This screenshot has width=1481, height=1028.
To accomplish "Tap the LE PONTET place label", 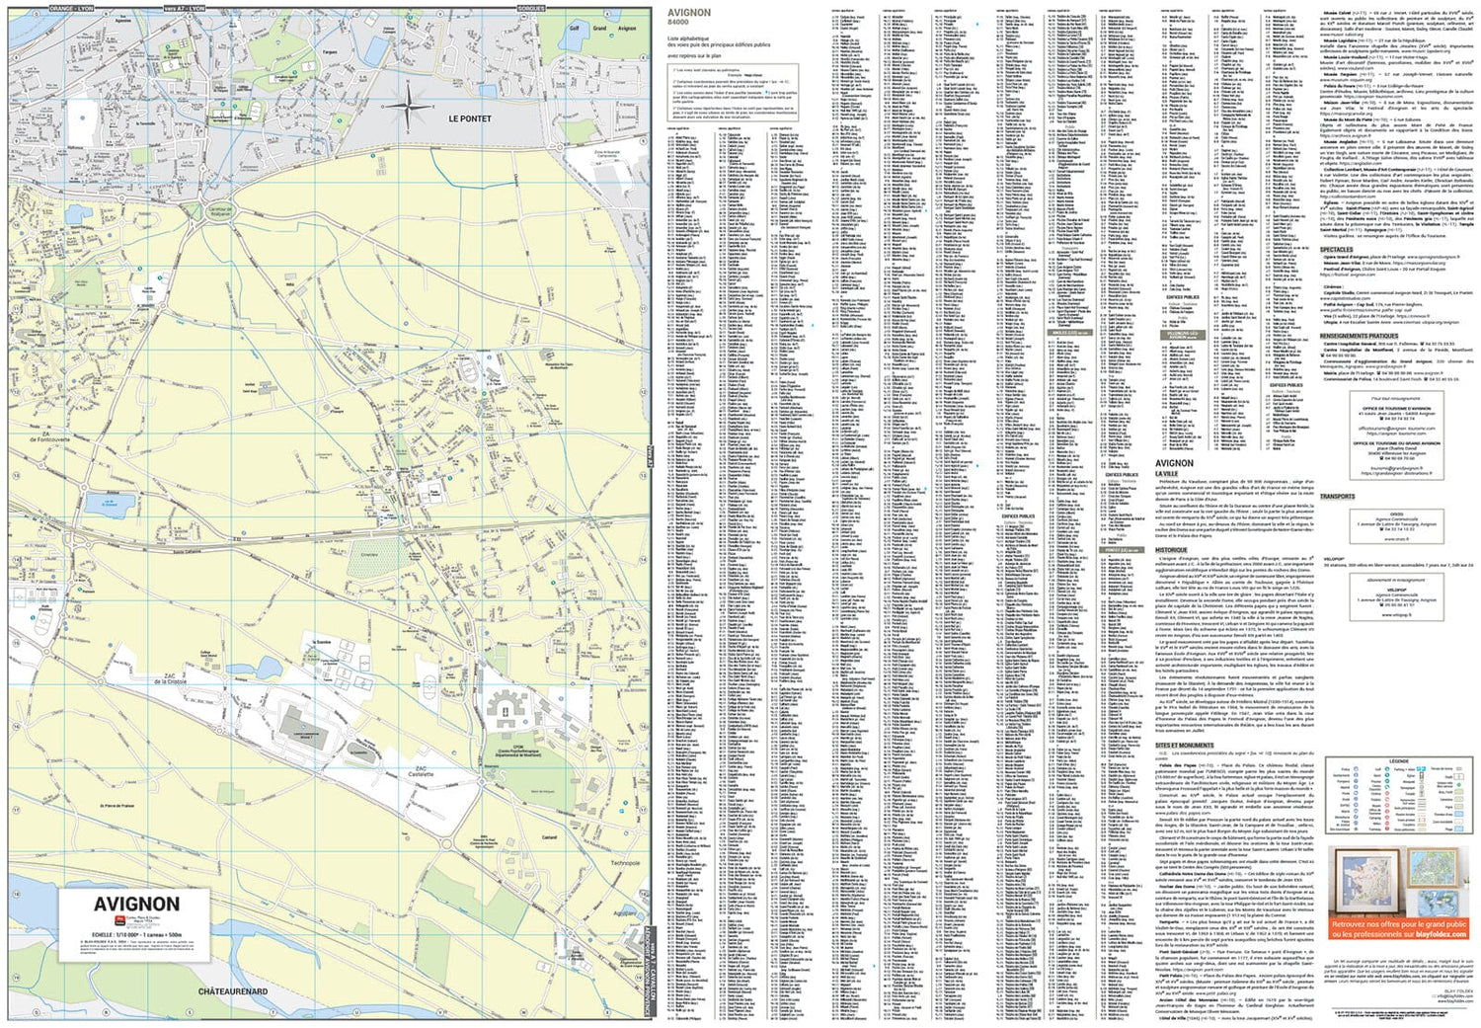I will click(469, 119).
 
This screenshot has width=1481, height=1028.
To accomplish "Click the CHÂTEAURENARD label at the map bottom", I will click(232, 991).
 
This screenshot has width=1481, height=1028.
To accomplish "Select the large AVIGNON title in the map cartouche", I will click(136, 904).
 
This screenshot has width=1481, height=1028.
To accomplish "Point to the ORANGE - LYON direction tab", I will click(71, 8).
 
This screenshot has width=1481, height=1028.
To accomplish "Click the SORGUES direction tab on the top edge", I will click(530, 8).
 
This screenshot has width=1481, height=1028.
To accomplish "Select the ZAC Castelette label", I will click(422, 772).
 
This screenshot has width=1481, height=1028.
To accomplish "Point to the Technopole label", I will click(624, 863).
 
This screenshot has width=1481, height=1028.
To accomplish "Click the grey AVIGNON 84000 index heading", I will click(688, 15).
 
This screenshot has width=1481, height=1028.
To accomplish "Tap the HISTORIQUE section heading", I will click(1172, 550).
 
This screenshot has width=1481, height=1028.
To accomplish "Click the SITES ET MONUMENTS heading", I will click(1184, 746).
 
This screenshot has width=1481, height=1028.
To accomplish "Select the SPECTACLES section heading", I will click(1336, 250).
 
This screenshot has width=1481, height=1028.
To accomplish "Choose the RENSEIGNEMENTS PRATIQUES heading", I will click(1358, 336).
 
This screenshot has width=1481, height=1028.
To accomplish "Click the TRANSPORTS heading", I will click(1337, 497).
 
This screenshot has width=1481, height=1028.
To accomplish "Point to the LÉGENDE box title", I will click(1398, 760).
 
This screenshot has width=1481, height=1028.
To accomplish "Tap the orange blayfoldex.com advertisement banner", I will click(1399, 928).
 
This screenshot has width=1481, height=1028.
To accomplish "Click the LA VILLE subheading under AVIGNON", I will click(1166, 474).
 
